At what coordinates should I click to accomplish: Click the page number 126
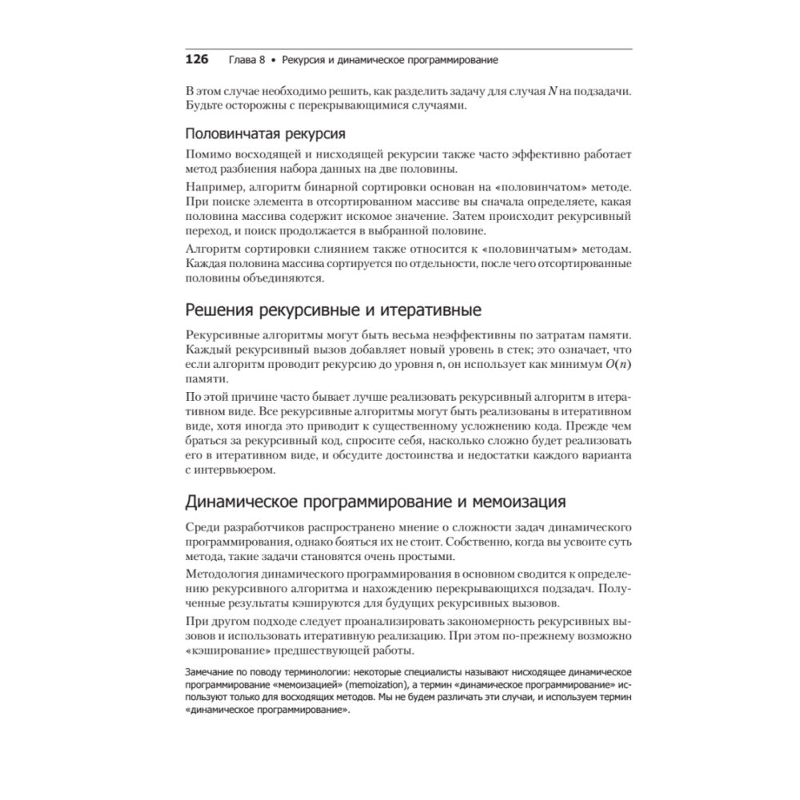(x=197, y=60)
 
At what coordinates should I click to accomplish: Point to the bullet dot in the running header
(x=274, y=61)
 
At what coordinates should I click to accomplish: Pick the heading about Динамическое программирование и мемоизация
(x=376, y=502)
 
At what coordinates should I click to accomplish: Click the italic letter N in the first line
(x=552, y=90)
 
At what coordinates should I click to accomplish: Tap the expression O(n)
(x=613, y=364)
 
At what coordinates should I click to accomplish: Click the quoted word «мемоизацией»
(x=321, y=686)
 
